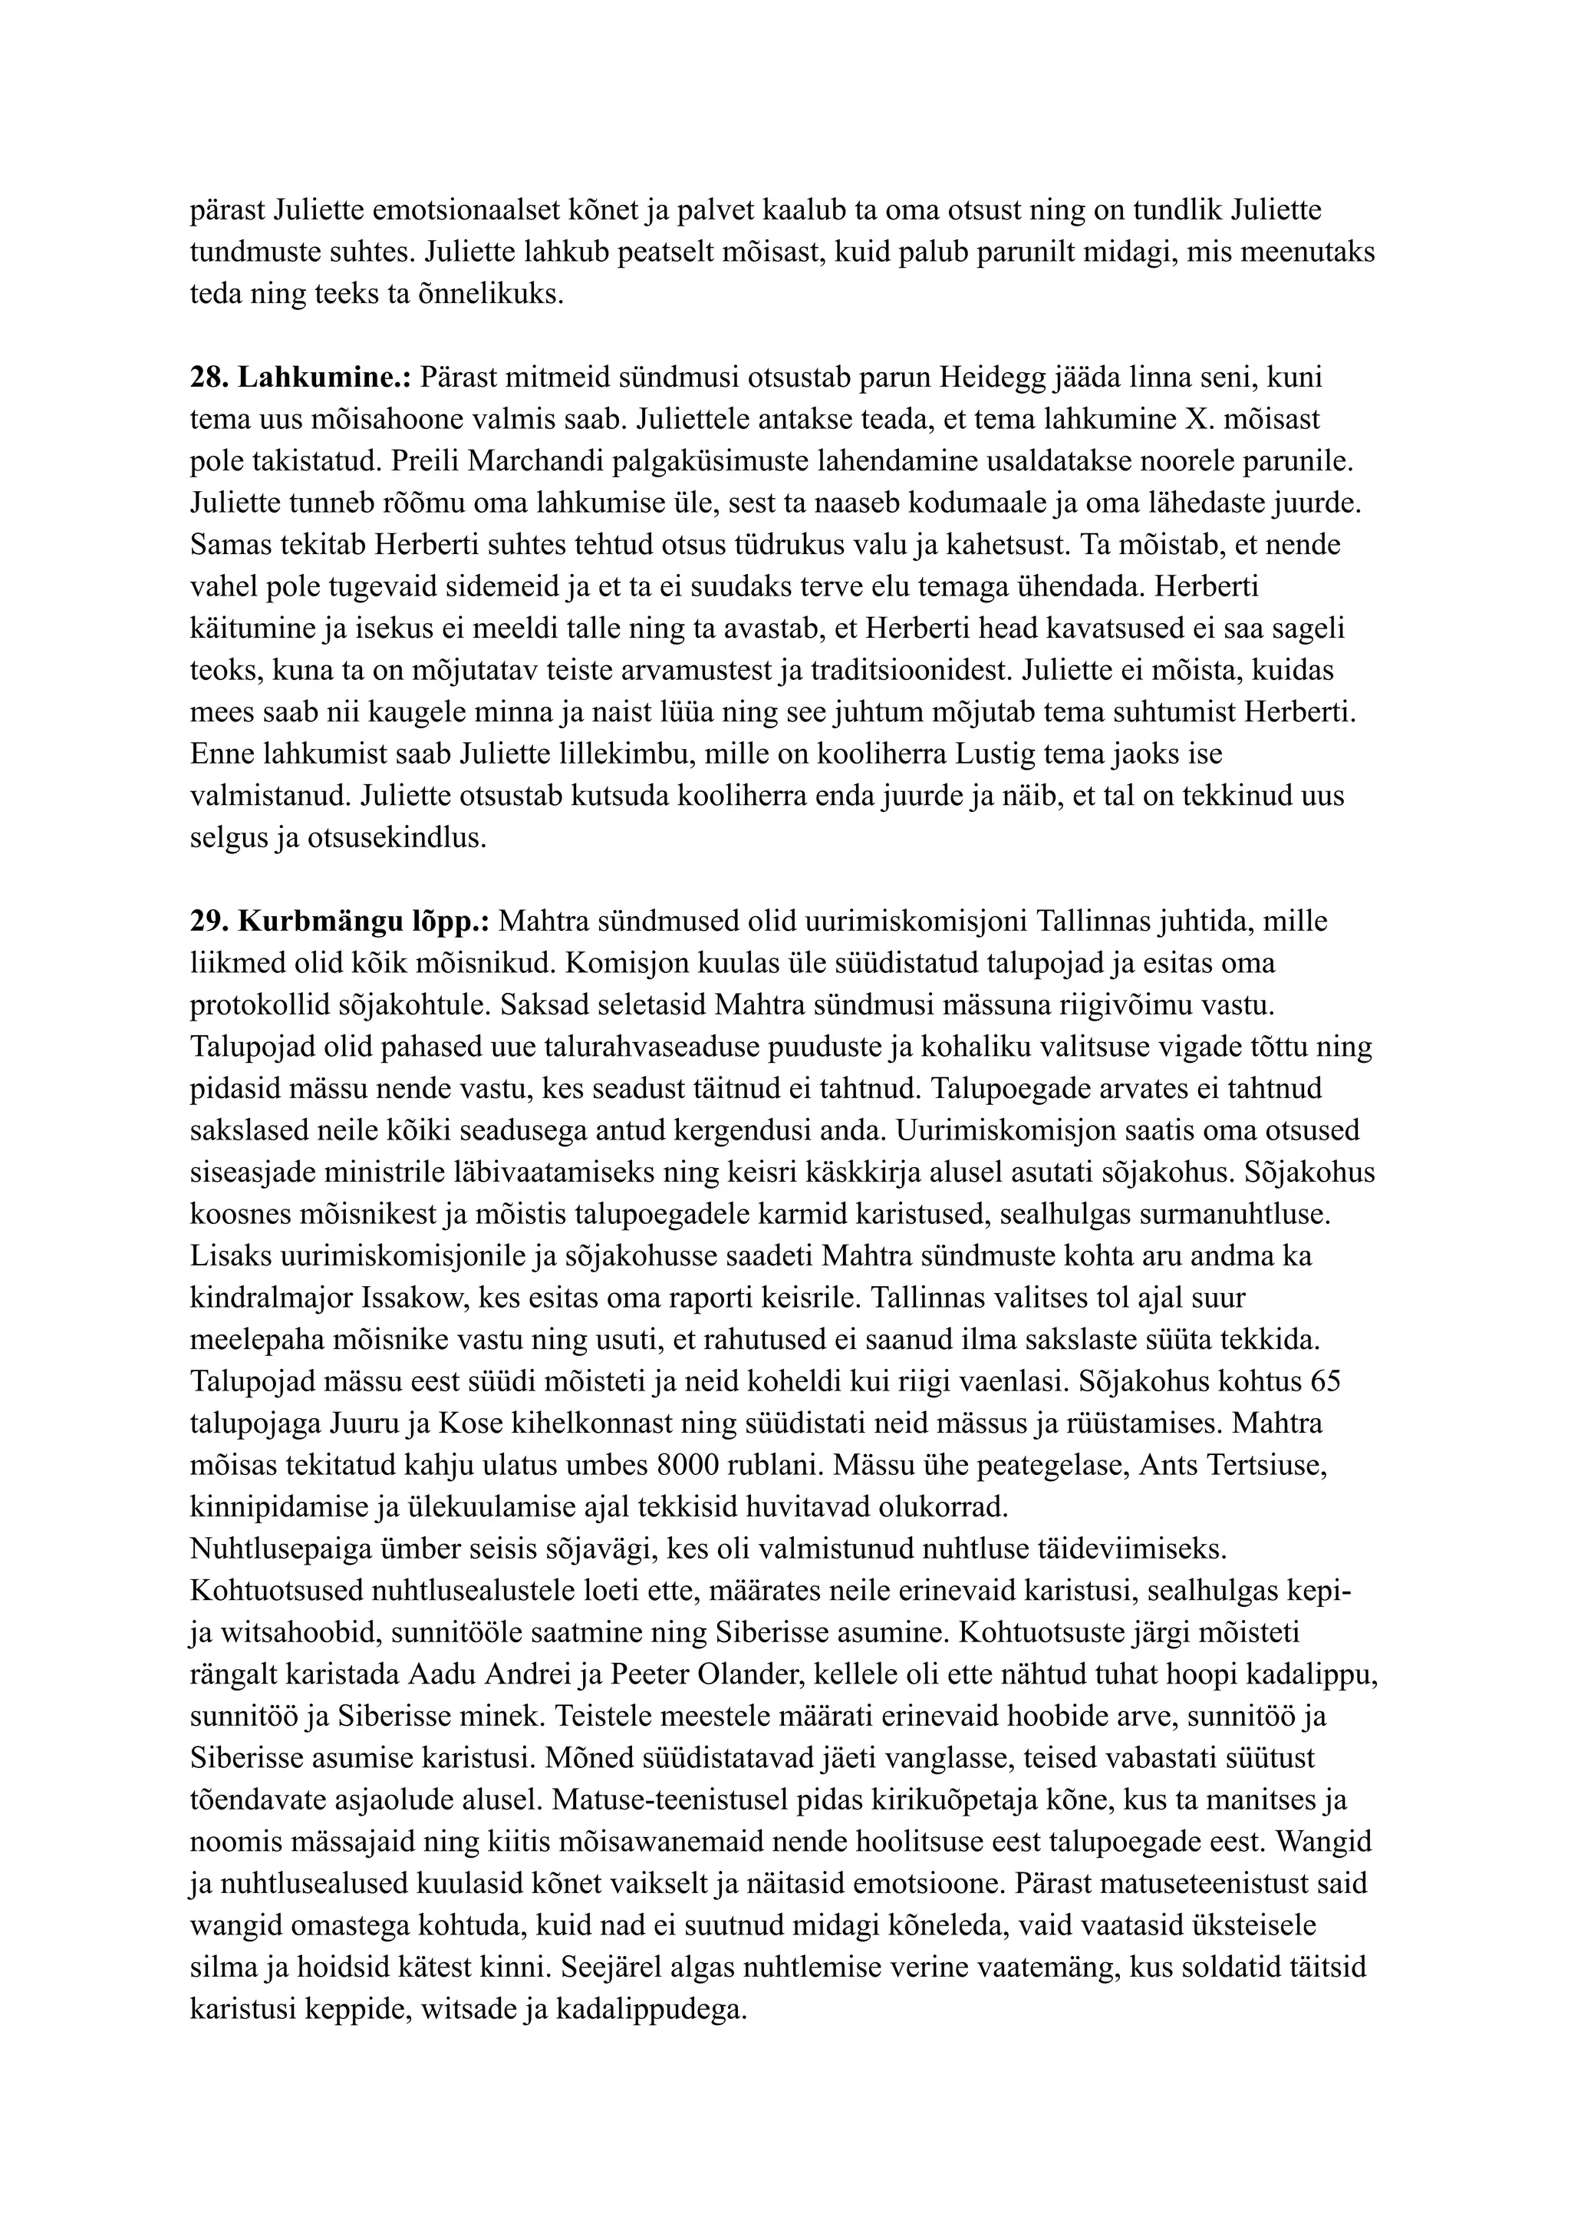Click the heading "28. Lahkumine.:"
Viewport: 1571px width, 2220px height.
[x=301, y=378]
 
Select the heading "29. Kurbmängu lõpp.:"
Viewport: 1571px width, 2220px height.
[x=341, y=922]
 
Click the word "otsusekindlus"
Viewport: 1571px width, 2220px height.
[x=397, y=838]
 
